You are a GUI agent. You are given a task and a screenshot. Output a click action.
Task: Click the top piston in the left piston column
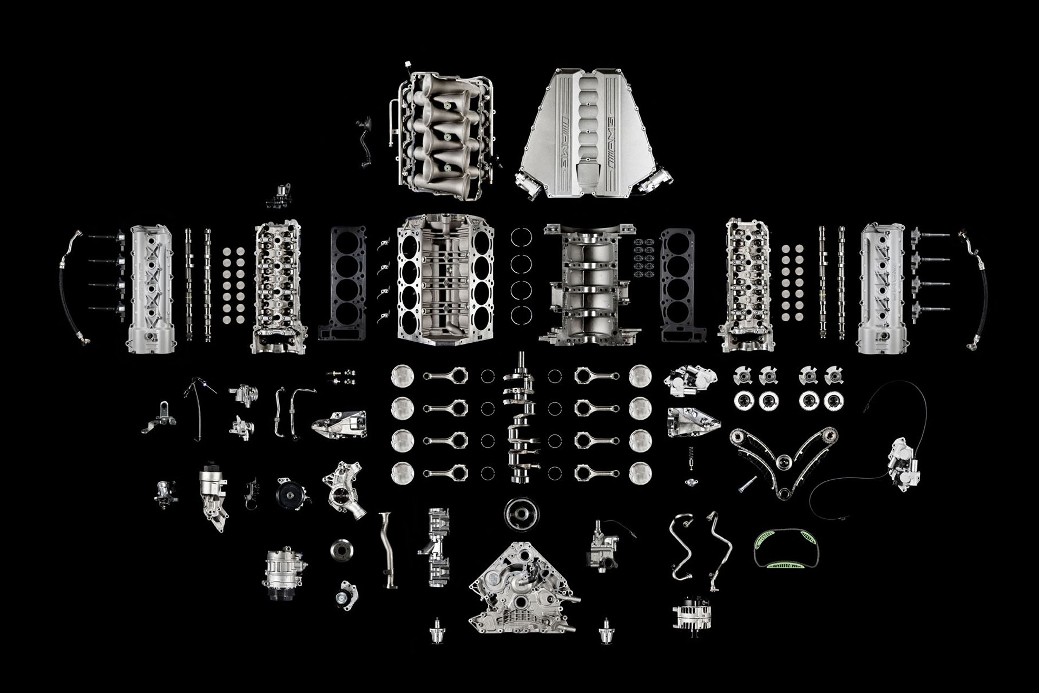[402, 376]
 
